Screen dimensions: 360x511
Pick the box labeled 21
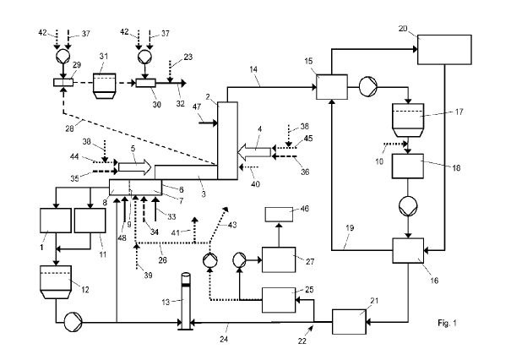[347, 320]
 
